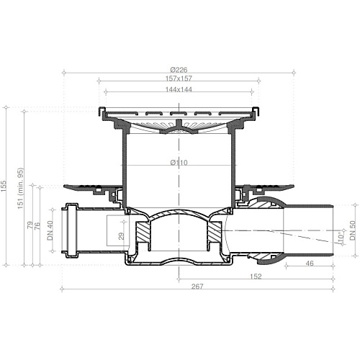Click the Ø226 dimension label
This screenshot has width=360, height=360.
tap(179, 70)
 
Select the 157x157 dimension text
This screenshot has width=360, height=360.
tap(179, 78)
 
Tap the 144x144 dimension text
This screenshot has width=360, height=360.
tap(179, 89)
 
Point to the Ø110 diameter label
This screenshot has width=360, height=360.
tap(179, 163)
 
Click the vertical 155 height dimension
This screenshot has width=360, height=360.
tap(4, 186)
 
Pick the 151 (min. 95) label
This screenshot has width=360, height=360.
tap(21, 188)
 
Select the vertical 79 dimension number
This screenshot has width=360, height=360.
tap(30, 225)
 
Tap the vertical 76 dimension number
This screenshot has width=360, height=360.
tap(37, 226)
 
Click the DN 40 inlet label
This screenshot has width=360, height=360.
tap(50, 230)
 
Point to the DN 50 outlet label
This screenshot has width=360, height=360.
tap(353, 230)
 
